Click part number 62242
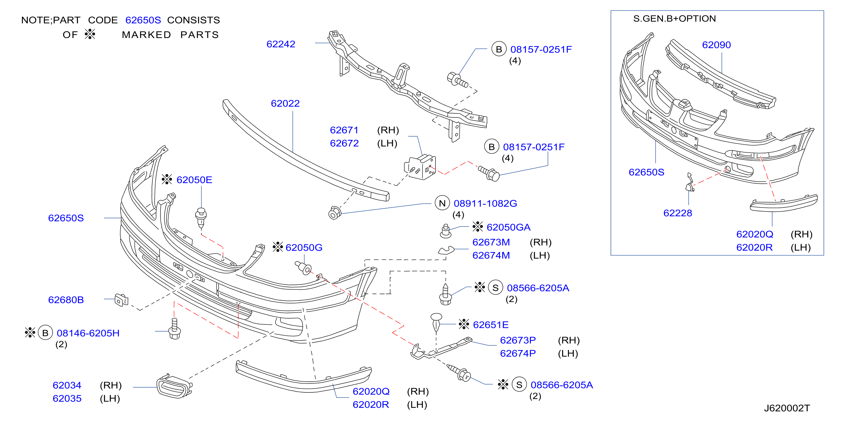281,44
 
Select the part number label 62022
285,103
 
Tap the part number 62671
344,130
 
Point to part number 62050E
194,180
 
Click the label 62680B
66,300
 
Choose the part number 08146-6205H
88,333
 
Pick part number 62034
67,385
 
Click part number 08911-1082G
485,203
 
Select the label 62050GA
508,227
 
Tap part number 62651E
491,324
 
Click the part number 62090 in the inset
716,45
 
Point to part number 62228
678,213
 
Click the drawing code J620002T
787,408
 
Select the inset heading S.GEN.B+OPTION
674,19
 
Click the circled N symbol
442,203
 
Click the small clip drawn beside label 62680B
121,300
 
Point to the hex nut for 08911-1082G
335,213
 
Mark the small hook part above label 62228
689,183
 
